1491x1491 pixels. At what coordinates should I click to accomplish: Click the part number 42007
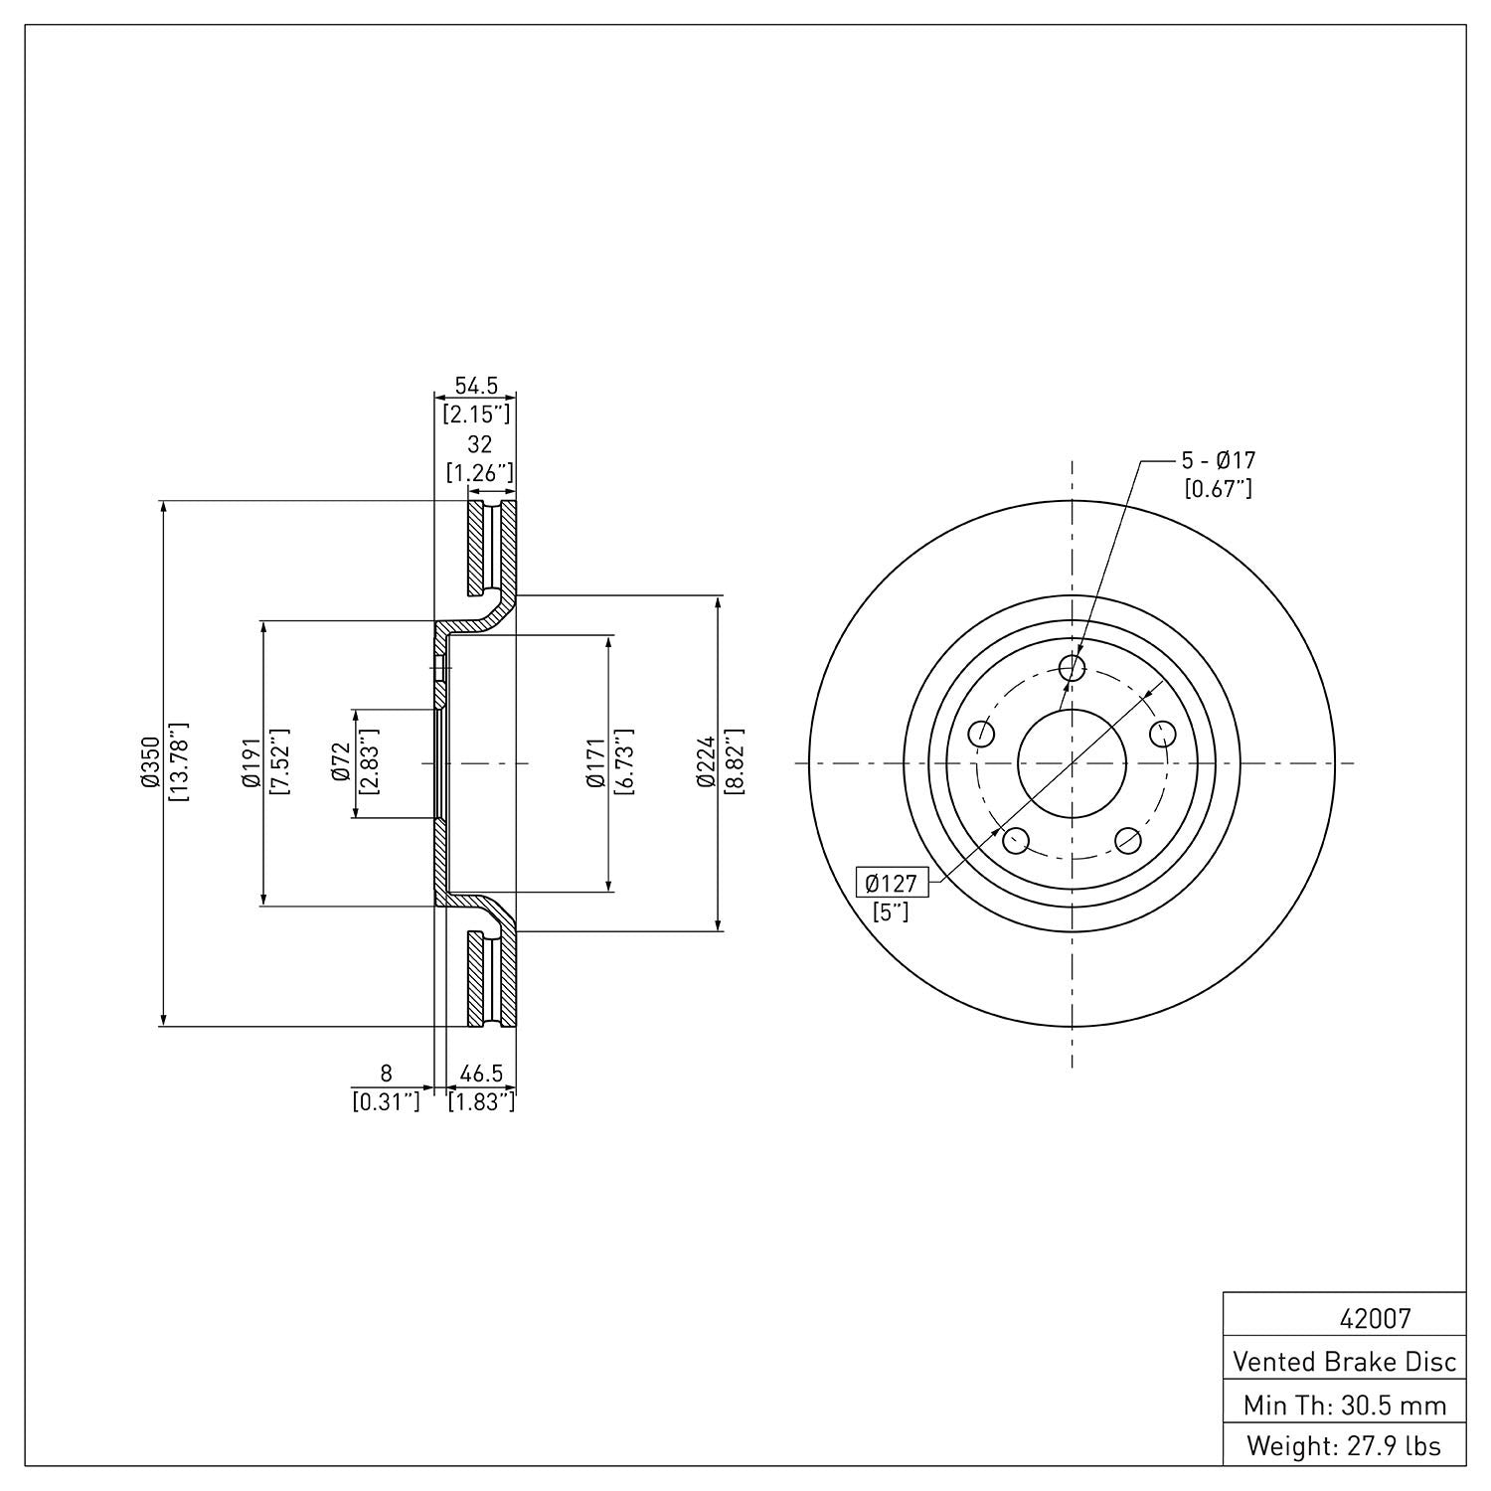pos(1375,1319)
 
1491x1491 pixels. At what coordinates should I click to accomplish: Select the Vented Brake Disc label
pos(1344,1361)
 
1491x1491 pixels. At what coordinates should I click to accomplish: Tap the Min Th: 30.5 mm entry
pos(1344,1406)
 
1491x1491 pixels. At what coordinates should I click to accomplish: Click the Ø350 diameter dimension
pos(150,762)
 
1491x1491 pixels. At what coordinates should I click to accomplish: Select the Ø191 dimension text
pos(250,762)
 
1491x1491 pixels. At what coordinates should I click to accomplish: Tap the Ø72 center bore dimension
pos(342,762)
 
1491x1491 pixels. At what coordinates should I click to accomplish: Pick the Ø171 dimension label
pos(596,762)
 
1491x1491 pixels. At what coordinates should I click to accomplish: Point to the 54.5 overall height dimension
pos(476,386)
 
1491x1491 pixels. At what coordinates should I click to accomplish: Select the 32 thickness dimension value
pos(480,444)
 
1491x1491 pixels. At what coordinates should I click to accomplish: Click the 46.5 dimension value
pos(482,1074)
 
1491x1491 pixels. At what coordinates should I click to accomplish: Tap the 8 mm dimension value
pos(387,1074)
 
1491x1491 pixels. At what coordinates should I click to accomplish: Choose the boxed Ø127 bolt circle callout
pos(891,883)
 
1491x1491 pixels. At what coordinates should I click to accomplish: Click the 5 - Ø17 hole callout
pos(1218,460)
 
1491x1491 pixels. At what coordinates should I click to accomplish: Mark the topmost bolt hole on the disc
pos(1072,668)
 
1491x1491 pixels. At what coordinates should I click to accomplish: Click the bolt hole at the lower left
pos(1015,841)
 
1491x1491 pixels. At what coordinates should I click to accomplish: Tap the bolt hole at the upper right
pos(1162,734)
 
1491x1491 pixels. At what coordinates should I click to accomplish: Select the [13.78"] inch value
pos(180,762)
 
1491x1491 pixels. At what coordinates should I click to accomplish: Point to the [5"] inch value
pos(892,911)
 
